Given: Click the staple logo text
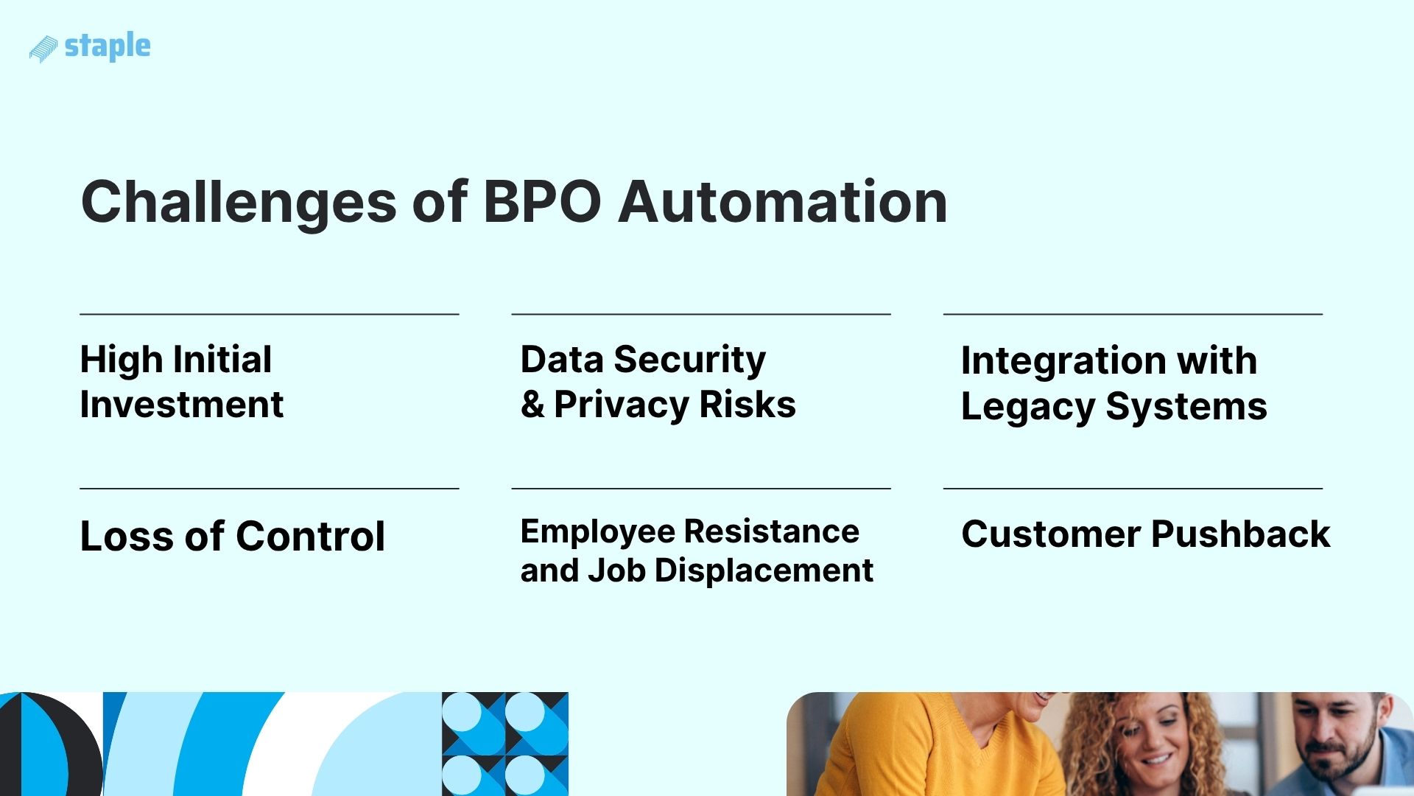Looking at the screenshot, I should click(108, 46).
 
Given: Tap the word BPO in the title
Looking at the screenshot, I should click(542, 201).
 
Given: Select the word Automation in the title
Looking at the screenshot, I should click(783, 201).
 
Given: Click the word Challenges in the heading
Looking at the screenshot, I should click(239, 203).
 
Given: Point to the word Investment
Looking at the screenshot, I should click(181, 405).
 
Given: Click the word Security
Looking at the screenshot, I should click(689, 360).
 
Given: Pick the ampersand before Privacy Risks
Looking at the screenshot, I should click(532, 405).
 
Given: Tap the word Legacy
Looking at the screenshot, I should click(1028, 408).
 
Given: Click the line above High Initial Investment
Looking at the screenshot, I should click(269, 314).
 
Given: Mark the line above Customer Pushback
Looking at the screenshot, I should click(1133, 488).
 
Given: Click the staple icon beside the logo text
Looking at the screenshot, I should click(43, 49).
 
